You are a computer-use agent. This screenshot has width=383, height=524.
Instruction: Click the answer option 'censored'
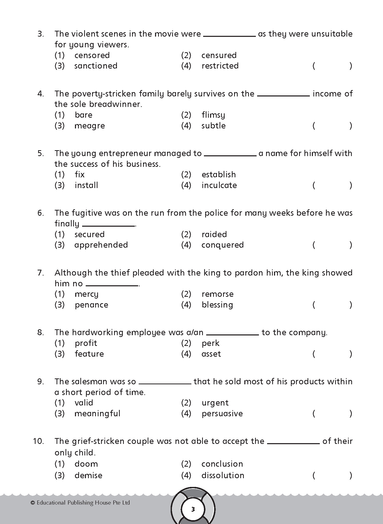[92, 55]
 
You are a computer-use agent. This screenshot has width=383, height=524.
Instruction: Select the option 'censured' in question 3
[219, 55]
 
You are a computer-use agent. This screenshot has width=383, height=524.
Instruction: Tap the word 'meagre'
[90, 126]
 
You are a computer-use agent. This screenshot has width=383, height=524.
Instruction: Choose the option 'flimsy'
[213, 115]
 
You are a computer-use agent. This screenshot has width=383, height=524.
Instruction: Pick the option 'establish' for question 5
[218, 174]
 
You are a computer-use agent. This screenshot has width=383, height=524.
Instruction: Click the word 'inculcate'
[219, 185]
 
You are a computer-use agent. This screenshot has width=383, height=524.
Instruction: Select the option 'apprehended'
[101, 245]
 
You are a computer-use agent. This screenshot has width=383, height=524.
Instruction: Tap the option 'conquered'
[222, 245]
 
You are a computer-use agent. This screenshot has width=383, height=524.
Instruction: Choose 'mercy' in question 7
[86, 294]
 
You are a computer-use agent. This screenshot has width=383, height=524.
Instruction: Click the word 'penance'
[91, 305]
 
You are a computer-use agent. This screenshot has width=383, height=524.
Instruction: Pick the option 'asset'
[211, 354]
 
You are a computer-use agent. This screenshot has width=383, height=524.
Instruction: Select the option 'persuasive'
[222, 414]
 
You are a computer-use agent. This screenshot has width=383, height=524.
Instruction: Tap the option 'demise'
[88, 476]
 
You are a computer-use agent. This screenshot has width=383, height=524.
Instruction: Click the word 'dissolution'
[223, 476]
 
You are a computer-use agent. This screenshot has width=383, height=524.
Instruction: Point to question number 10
[38, 441]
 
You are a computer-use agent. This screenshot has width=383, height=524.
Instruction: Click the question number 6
[41, 213]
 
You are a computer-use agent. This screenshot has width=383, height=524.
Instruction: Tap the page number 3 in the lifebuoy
[193, 509]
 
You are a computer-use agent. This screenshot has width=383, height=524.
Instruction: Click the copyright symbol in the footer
[32, 503]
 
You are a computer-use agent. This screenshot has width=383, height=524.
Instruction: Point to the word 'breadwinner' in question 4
[115, 104]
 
